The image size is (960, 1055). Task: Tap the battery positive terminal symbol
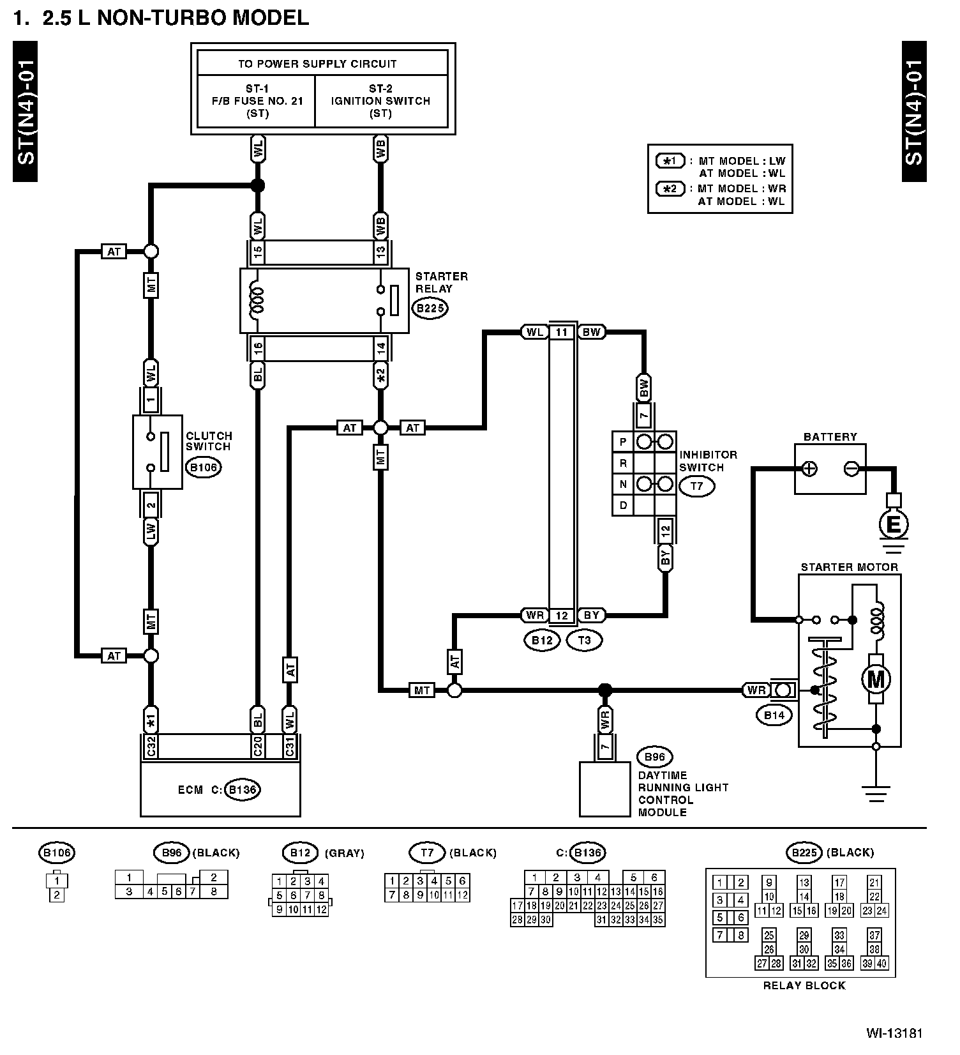pyautogui.click(x=809, y=469)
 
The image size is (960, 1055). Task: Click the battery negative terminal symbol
pyautogui.click(x=851, y=469)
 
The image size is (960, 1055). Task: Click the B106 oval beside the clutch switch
pyautogui.click(x=204, y=467)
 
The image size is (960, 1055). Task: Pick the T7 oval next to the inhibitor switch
pyautogui.click(x=696, y=487)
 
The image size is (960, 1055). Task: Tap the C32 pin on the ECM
pyautogui.click(x=151, y=746)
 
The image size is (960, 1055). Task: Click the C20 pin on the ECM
pyautogui.click(x=257, y=746)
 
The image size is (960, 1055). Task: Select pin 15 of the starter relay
pyautogui.click(x=257, y=252)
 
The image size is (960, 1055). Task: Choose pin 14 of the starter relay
pyautogui.click(x=380, y=349)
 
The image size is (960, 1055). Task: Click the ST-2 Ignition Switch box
pyautogui.click(x=381, y=101)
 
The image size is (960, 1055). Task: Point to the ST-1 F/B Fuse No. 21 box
pyautogui.click(x=257, y=101)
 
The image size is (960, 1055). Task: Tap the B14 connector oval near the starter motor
pyautogui.click(x=774, y=715)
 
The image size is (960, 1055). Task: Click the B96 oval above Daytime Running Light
pyautogui.click(x=655, y=758)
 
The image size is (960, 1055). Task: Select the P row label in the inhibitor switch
pyautogui.click(x=623, y=442)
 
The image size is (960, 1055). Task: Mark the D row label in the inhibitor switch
pyautogui.click(x=623, y=505)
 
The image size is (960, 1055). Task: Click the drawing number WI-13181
pyautogui.click(x=894, y=1033)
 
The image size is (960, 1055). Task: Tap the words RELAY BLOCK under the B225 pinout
pyautogui.click(x=804, y=985)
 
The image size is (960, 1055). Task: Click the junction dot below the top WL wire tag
pyautogui.click(x=257, y=186)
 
